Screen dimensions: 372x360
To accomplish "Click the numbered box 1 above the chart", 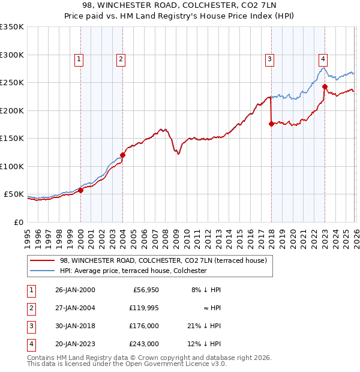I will (x=79, y=59).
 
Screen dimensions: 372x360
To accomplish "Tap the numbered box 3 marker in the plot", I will (x=270, y=59).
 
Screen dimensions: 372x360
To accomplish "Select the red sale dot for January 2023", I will (x=325, y=86).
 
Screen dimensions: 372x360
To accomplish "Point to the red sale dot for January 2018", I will (x=271, y=124).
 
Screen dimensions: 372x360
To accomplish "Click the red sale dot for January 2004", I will (x=122, y=155).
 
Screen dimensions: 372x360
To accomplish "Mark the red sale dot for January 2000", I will (x=80, y=190).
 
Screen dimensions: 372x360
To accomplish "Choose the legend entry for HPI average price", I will (x=133, y=271).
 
